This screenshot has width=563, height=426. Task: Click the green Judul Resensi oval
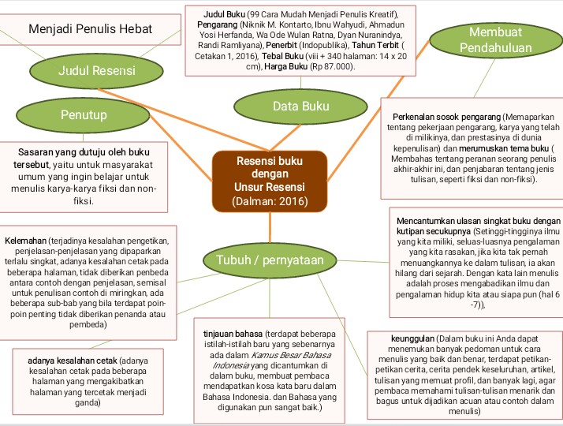(x=96, y=71)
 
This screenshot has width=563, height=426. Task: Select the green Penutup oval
(x=84, y=115)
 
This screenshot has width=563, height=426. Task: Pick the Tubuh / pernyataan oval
(x=268, y=259)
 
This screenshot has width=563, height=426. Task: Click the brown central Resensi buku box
(x=269, y=180)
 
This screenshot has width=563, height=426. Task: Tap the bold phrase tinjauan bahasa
(x=233, y=333)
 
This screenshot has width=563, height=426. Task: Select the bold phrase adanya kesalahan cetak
(x=73, y=361)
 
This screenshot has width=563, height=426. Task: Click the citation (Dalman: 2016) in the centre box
(x=269, y=201)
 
